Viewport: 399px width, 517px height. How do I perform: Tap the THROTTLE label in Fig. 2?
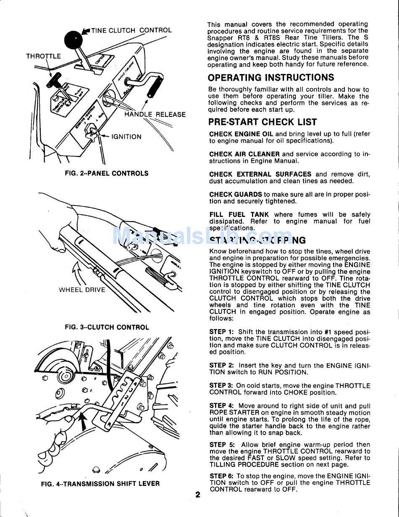43,56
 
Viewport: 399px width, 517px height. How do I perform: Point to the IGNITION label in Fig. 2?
126,137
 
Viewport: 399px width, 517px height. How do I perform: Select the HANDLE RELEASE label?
155,114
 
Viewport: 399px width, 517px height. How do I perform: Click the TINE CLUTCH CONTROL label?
131,30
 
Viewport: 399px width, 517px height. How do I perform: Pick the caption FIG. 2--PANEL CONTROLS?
107,173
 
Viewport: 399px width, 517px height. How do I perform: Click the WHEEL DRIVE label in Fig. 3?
82,290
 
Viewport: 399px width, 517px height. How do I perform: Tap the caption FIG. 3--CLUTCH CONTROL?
107,327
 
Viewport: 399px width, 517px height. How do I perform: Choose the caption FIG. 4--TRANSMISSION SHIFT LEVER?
100,484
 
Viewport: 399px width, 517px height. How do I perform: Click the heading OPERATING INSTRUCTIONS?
271,77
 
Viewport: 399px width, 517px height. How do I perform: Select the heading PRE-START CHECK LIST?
262,122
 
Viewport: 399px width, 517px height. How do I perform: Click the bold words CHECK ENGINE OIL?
241,134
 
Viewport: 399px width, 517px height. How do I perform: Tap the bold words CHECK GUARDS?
236,195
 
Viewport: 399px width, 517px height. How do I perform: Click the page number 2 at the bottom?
198,495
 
